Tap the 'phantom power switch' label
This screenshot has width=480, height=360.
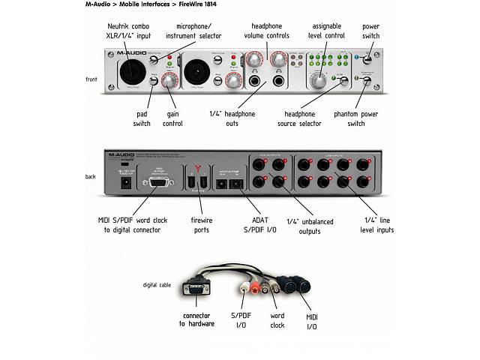356,118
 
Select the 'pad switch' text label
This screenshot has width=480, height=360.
142,118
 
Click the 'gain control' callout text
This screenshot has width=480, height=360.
173,118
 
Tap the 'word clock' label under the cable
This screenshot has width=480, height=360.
277,322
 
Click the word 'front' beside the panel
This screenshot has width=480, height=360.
91,79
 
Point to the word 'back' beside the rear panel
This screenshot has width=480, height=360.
91,177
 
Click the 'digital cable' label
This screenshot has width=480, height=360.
157,285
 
